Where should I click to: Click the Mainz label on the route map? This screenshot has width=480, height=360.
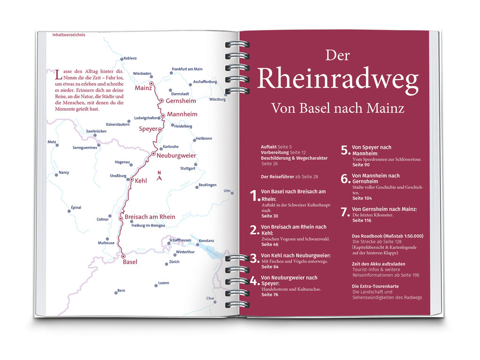point(143,88)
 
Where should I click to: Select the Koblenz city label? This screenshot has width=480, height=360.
point(130,58)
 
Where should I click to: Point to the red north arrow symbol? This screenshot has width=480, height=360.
point(160,177)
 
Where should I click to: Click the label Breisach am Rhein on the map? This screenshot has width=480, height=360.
point(150,217)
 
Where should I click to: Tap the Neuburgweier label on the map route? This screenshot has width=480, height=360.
point(176,155)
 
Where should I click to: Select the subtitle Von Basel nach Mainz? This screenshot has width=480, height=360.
point(337,108)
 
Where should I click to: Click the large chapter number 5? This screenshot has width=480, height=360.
point(345,150)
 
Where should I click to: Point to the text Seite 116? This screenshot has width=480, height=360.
point(361,220)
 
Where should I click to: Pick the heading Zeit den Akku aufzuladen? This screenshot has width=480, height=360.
point(378,264)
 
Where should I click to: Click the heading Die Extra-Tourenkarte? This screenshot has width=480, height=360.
point(375,286)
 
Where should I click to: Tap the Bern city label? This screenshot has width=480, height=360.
point(121,291)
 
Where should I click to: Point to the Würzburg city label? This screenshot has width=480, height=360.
point(218,99)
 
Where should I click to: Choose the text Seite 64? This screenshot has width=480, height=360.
point(270,267)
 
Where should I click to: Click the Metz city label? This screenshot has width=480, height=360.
point(52,142)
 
